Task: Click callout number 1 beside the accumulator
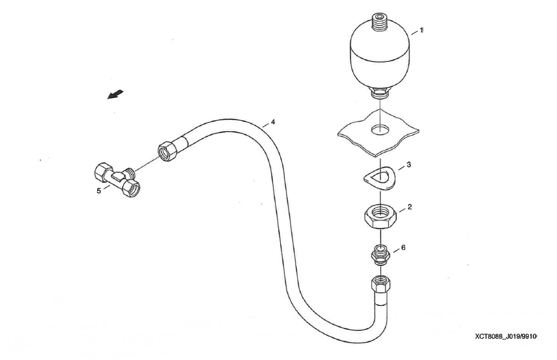coord(421,30)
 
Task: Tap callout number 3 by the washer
coord(409,165)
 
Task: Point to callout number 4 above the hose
coord(273,122)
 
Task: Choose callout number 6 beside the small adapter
coord(403,248)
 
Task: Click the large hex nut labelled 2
coord(380,215)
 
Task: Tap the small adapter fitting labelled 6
coord(380,255)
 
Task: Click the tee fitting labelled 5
coord(116,178)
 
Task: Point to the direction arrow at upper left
coord(115,95)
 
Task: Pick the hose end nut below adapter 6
coord(380,283)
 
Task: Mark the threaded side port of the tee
coord(132,172)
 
